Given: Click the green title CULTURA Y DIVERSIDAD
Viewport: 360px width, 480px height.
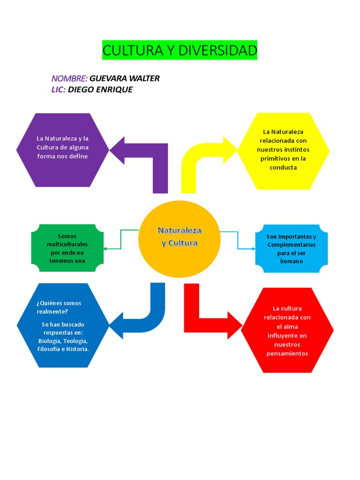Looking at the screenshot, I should click(180, 50).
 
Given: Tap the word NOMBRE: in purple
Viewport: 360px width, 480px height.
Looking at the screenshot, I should click(69, 78).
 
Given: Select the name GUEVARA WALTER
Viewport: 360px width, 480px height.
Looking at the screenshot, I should click(124, 78).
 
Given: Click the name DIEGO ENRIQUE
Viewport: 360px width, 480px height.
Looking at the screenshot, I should click(100, 90).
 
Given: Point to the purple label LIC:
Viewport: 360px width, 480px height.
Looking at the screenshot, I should click(58, 90).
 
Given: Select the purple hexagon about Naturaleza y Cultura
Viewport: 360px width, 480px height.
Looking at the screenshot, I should click(62, 150).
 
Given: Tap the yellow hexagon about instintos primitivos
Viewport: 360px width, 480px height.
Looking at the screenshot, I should click(283, 151).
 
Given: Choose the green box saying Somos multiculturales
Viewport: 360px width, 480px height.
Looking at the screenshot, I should click(67, 248).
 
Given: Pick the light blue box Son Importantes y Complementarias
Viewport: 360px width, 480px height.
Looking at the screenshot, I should click(291, 248).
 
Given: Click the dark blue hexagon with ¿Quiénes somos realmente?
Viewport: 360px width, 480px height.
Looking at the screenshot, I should click(62, 325).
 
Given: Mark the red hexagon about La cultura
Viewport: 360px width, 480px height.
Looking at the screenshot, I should click(287, 330).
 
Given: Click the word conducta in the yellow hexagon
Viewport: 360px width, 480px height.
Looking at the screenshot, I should click(283, 167).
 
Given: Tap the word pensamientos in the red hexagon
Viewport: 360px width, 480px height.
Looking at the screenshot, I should click(287, 353).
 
